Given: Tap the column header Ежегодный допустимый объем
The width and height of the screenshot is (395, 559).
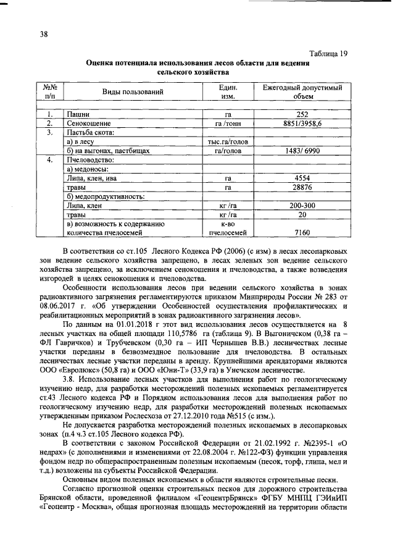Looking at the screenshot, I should click(x=302, y=92).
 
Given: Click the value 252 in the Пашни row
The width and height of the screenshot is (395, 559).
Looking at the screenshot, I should click(x=302, y=115).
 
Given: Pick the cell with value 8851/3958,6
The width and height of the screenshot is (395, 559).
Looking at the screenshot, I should click(x=302, y=124).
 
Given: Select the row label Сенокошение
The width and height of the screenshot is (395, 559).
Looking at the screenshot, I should click(x=89, y=124).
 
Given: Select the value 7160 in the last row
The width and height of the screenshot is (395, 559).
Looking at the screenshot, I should click(x=302, y=233).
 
